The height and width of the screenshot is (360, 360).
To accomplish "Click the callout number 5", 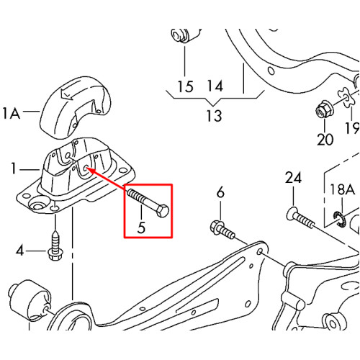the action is [141, 228].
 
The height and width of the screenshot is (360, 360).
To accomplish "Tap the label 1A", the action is [11, 113].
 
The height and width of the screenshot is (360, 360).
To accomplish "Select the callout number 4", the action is [20, 251].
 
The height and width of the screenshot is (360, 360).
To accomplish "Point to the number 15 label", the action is [185, 86].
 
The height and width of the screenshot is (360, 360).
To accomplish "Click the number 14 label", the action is [215, 86].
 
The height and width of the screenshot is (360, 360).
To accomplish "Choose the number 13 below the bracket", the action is [214, 116].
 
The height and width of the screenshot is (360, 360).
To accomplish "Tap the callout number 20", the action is [325, 139].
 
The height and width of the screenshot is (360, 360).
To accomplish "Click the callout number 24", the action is [293, 178].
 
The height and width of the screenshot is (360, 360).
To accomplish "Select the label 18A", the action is [342, 189].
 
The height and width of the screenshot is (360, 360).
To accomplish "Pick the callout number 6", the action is [220, 192].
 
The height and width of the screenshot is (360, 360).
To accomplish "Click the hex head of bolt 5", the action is [163, 210].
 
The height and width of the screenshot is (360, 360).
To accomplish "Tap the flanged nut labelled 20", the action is [323, 110].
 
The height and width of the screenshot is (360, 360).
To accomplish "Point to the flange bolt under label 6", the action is [222, 230].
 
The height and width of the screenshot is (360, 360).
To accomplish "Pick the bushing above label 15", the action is [185, 35].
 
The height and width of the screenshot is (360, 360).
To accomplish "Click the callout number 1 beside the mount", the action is [14, 168].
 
